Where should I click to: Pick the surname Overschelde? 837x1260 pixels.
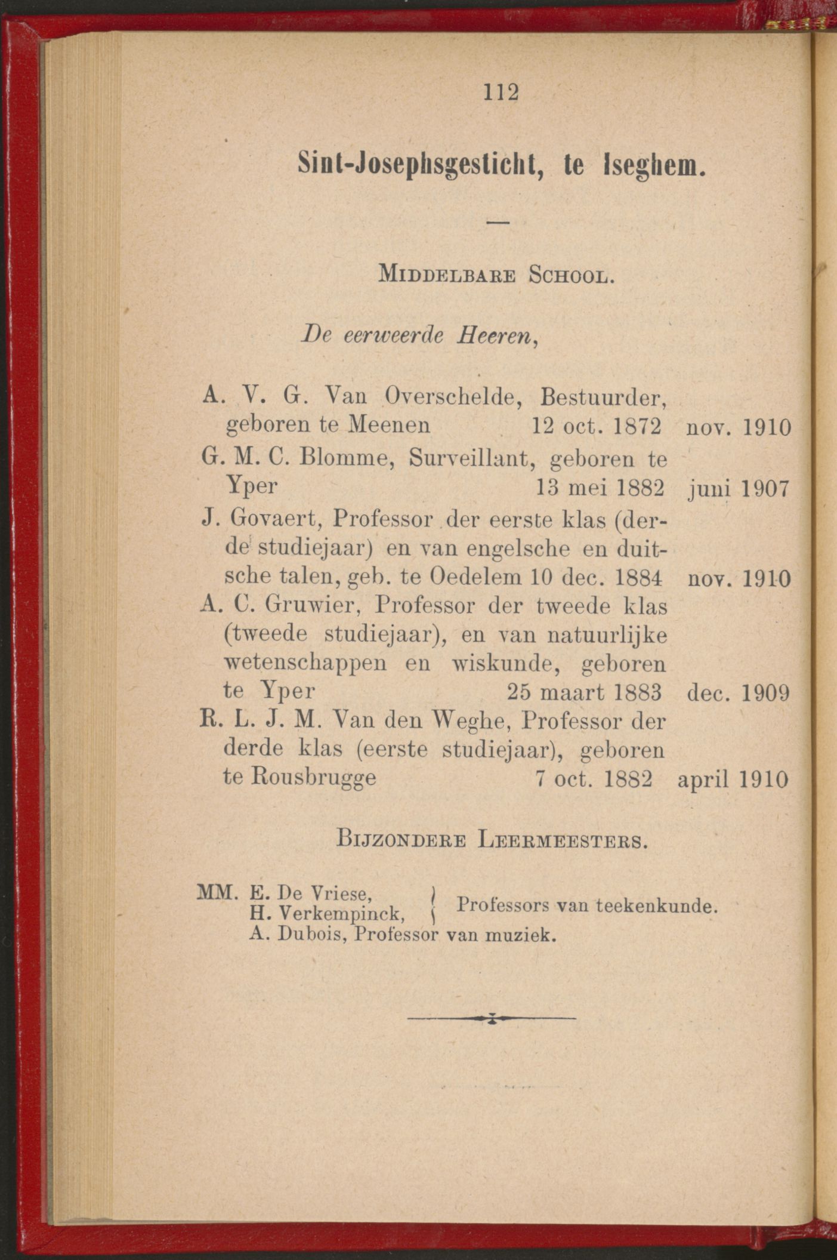[x=450, y=396]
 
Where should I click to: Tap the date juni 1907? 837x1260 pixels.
[x=738, y=489]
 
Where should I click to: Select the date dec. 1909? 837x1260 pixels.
[x=738, y=693]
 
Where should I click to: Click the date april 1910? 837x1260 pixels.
[x=733, y=780]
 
